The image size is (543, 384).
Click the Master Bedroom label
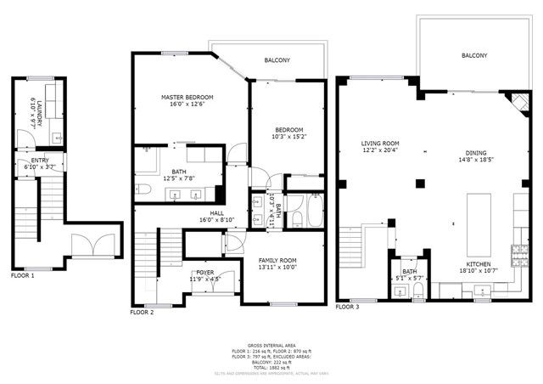(x=187, y=98)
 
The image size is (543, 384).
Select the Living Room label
(x=379, y=144)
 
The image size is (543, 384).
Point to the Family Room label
(x=277, y=260)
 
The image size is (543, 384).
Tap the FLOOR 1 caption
(x=23, y=275)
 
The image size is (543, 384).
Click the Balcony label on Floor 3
(x=473, y=55)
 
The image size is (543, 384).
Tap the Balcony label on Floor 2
(x=277, y=60)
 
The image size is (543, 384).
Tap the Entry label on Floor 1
(x=40, y=160)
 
